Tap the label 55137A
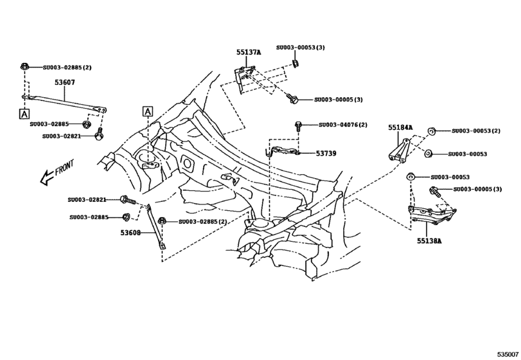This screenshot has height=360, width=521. click(x=247, y=53)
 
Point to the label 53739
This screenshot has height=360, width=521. click(x=326, y=154)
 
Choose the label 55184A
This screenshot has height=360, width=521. click(x=400, y=128)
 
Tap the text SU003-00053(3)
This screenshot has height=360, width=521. click(x=301, y=48)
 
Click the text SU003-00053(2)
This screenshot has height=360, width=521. click(x=475, y=131)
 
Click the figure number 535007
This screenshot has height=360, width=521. click(x=506, y=354)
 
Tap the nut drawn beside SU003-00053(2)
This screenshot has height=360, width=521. click(x=432, y=131)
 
